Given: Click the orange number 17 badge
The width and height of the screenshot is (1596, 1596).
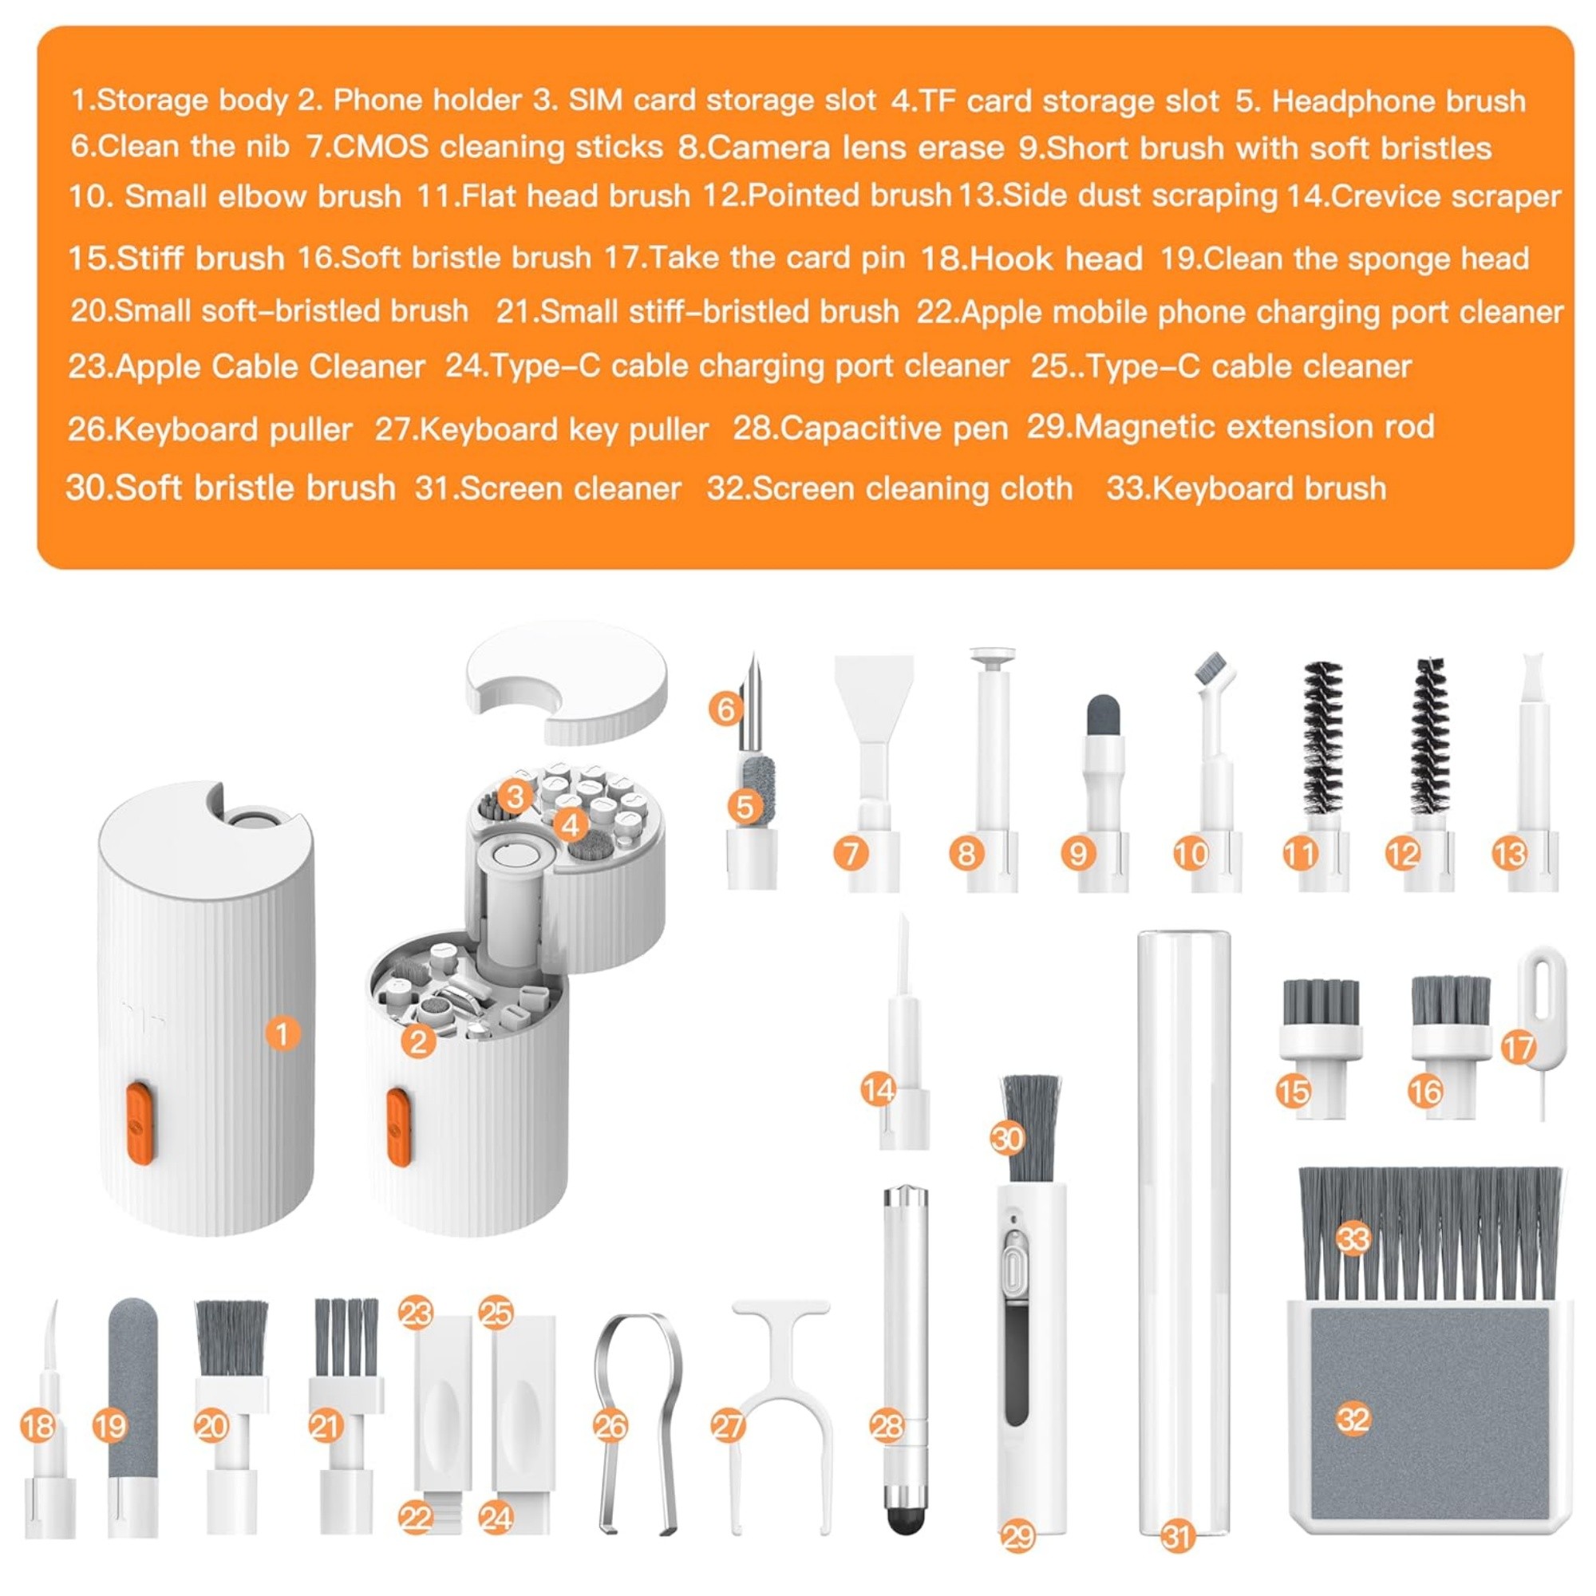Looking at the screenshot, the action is [x=1518, y=1049].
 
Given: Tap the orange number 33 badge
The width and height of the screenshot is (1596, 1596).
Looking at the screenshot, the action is [x=1354, y=1239].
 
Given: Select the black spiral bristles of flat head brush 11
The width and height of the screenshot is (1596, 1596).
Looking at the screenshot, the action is [x=1323, y=737].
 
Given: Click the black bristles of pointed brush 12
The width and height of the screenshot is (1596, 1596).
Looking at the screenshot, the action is [x=1429, y=735].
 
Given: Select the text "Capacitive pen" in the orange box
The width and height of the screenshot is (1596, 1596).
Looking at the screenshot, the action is [x=894, y=428].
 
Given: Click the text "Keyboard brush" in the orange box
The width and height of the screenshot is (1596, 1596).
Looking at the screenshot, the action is [x=1269, y=488].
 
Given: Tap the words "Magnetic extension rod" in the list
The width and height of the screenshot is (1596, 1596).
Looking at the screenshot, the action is [x=1254, y=427].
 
